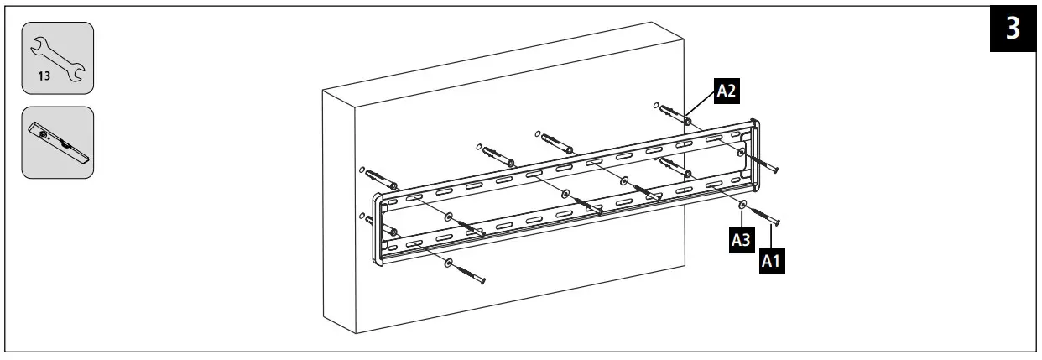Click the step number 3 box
tap(1013, 29)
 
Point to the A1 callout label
tap(771, 261)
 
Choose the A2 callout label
tap(727, 92)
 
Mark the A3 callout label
tap(740, 239)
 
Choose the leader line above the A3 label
tap(742, 219)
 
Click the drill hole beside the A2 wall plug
tap(652, 106)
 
